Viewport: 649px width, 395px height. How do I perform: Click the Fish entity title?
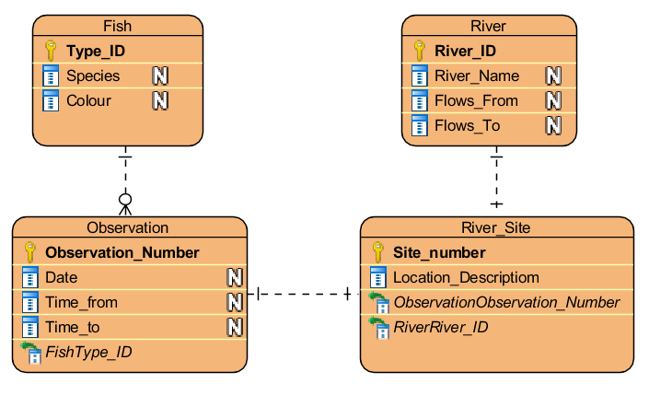click(117, 26)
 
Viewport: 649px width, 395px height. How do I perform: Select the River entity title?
click(488, 26)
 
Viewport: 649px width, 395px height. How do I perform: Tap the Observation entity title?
click(128, 227)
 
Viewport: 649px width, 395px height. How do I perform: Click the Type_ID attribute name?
click(96, 51)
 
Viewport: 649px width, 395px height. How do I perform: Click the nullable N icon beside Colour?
click(160, 100)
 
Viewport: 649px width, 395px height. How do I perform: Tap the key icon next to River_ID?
click(419, 51)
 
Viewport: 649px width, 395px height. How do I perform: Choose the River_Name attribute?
click(477, 76)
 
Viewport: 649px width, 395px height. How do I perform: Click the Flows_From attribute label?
click(476, 100)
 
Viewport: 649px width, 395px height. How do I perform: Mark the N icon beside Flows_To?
click(553, 125)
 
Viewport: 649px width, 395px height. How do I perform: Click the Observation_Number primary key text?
click(122, 252)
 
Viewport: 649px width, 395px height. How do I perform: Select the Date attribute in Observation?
click(62, 277)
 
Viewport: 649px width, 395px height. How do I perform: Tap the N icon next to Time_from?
click(235, 302)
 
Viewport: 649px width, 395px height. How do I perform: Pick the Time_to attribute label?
click(73, 327)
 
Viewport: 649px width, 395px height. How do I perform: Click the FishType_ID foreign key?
click(88, 352)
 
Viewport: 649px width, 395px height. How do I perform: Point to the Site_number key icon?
click(377, 252)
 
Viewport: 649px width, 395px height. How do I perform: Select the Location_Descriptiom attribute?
click(466, 277)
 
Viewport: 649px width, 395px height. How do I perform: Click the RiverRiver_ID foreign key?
click(440, 327)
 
